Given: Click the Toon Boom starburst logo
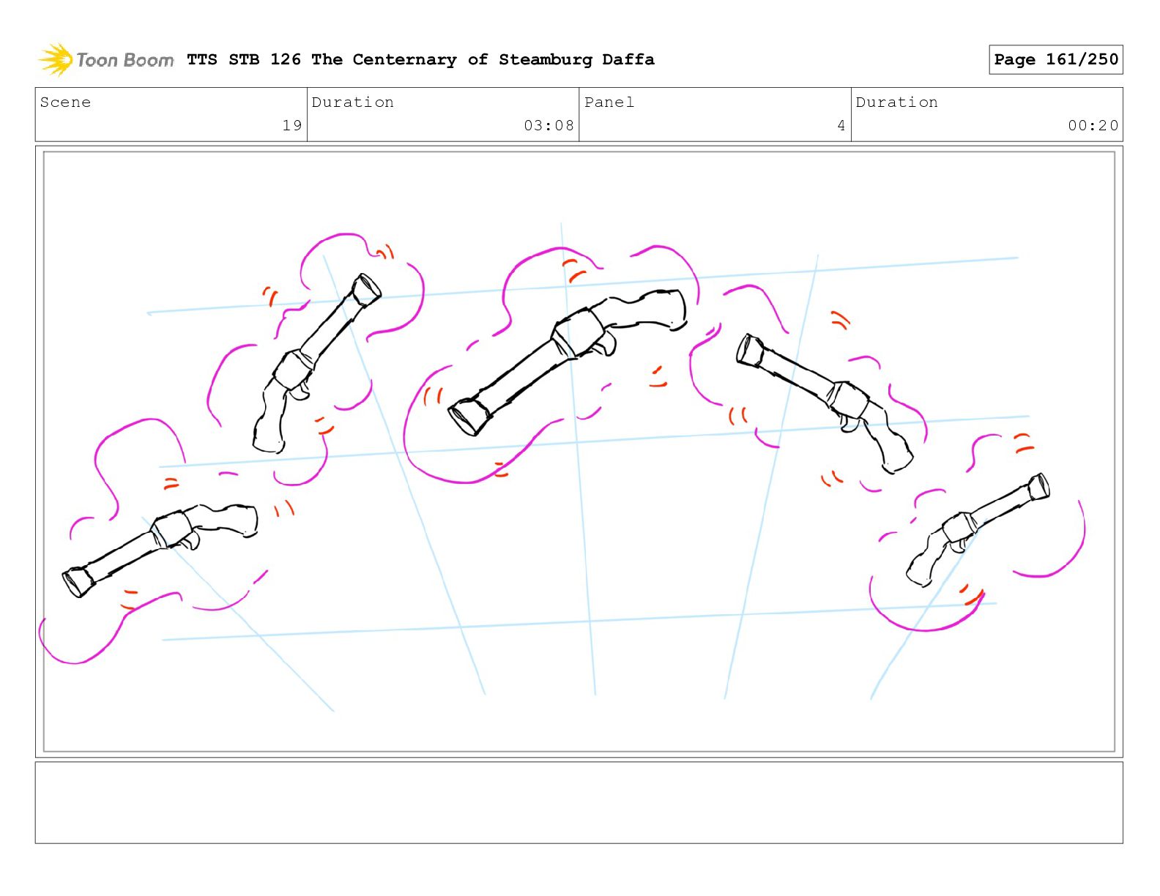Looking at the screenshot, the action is (x=56, y=59).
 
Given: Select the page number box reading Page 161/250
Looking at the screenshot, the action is (x=1055, y=59).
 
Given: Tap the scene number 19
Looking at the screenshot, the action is (x=292, y=125).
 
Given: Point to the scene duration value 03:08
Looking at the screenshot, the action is (x=549, y=125).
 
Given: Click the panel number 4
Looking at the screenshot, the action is (x=841, y=125).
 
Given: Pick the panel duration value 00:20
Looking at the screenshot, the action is (x=1093, y=125).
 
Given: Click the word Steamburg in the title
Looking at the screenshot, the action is (x=545, y=59).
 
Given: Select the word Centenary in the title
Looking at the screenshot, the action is (x=404, y=59).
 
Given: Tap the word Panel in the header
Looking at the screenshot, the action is (x=609, y=102).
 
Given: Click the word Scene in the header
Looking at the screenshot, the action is (x=65, y=102).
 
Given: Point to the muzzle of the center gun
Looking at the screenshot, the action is (x=469, y=417).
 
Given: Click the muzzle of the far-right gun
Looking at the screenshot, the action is (x=1039, y=488).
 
